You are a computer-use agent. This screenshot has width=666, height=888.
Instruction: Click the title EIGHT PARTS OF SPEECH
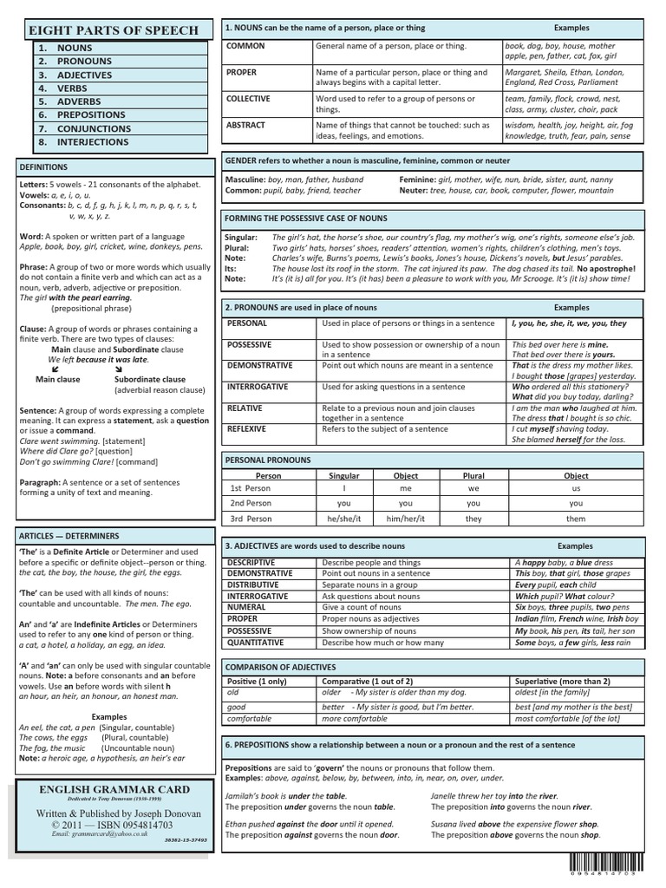point(114,29)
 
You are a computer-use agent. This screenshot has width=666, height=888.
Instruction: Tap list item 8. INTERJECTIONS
point(92,141)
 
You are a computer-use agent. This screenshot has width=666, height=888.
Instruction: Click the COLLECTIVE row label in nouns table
point(249,99)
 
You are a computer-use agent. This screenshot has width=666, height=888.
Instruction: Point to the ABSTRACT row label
point(245,125)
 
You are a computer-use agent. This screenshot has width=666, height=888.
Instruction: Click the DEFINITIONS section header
point(43,166)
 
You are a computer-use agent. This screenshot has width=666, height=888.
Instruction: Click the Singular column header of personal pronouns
point(344,476)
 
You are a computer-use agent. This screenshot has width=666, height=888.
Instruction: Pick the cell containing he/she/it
point(344,519)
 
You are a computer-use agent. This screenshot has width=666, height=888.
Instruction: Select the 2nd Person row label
point(251,503)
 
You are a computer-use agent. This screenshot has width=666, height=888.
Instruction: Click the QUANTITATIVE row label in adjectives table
point(255,643)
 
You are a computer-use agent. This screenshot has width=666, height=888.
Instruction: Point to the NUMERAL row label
point(246,608)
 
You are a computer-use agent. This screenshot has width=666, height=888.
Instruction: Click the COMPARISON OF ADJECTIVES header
point(280,667)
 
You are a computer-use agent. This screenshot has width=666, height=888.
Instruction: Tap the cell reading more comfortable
point(354,719)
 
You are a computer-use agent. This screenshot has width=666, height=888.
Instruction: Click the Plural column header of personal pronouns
point(473,476)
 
